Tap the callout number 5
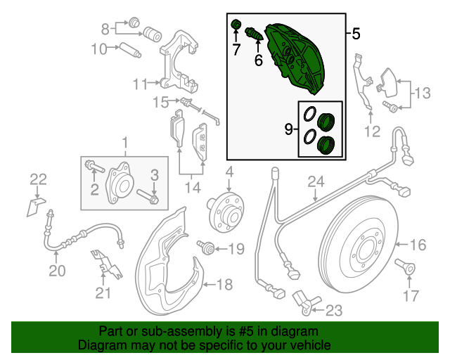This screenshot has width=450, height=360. (x=356, y=33)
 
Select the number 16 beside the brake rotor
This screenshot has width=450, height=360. (x=418, y=245)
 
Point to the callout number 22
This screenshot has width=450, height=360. (x=37, y=179)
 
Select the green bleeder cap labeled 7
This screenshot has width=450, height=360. (x=237, y=27)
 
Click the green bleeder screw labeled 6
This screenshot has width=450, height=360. (x=254, y=33)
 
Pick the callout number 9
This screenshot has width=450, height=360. (x=288, y=129)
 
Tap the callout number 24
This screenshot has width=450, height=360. (x=316, y=182)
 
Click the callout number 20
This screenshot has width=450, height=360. (x=56, y=271)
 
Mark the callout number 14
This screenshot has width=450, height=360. (x=193, y=187)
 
